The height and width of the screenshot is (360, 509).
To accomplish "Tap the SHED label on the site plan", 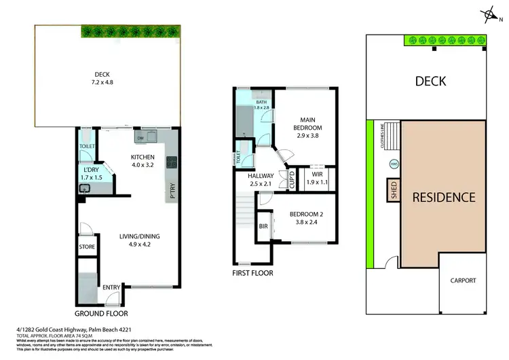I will pos(392,190).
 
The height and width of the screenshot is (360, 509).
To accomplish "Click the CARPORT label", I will pos(463,281).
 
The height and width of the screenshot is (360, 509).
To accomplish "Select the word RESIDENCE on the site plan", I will pos(444,198).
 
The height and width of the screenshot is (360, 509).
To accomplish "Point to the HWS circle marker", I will pos(394,164).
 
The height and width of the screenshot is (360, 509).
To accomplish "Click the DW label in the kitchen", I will pos(140,139).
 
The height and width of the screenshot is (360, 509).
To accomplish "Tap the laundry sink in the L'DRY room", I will pos(86,188).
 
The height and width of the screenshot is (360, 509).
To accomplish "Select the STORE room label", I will pos(87,247).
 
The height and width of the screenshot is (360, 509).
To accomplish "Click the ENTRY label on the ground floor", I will pos(111,288).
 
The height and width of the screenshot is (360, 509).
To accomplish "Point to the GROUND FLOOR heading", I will pos(101,314).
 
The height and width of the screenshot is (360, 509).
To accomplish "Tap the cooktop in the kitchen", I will pos(172,162).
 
